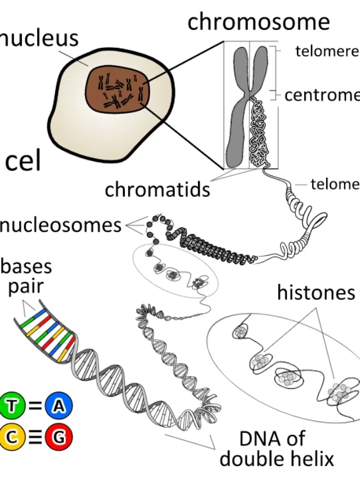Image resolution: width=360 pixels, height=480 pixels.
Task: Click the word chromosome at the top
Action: (x=258, y=22)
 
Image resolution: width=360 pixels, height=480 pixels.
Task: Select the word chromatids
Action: (x=157, y=190)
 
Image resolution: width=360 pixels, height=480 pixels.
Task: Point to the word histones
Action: (x=316, y=293)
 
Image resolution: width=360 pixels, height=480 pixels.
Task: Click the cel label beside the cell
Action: (x=23, y=162)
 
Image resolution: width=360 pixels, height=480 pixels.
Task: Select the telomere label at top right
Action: (x=327, y=51)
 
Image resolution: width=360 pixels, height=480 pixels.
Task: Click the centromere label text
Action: (x=322, y=95)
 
